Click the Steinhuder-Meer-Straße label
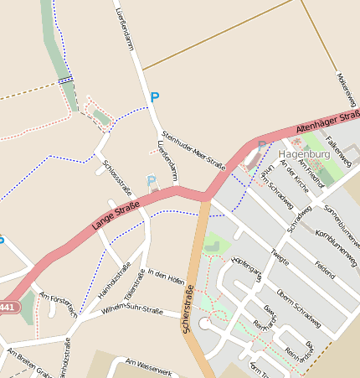[194, 151]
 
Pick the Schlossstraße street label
[117, 176]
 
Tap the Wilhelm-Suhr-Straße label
[131, 310]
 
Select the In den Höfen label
[165, 276]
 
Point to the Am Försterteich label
[59, 304]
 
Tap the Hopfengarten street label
[247, 265]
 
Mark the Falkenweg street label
[342, 151]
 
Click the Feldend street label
[325, 268]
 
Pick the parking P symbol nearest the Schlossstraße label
[151, 180]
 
